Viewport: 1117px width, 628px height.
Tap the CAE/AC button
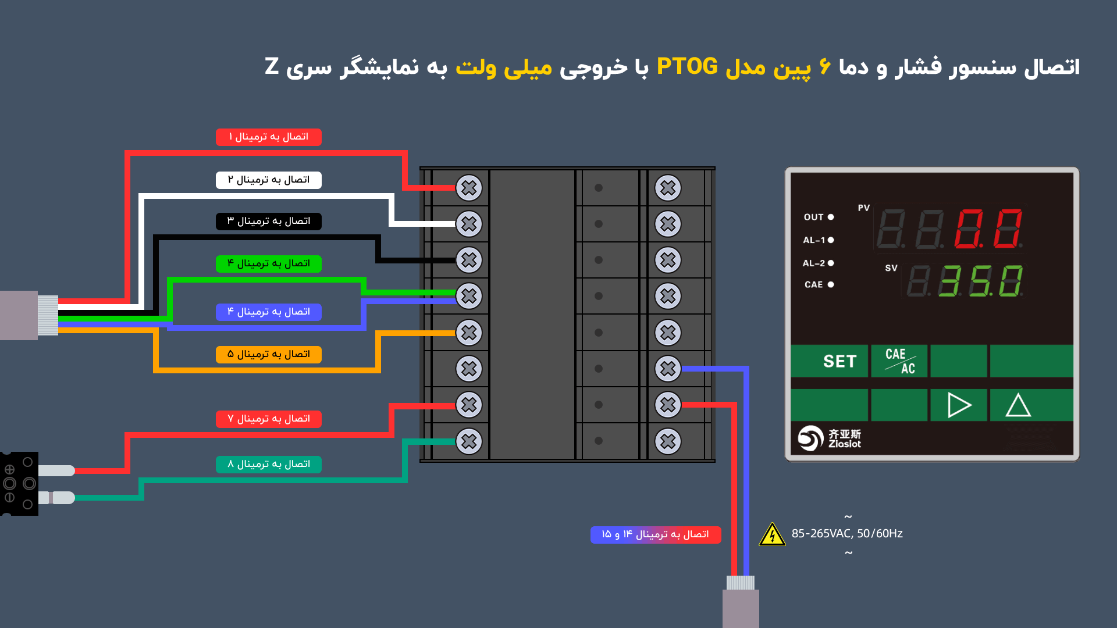click(x=899, y=361)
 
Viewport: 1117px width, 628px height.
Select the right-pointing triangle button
click(x=959, y=405)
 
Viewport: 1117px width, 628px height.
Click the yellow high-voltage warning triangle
click(x=772, y=534)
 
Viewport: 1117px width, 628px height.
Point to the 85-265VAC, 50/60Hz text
click(x=847, y=533)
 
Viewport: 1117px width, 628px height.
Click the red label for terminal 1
click(x=269, y=137)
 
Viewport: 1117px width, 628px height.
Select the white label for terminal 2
click(x=269, y=180)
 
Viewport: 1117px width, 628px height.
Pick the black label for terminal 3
click(x=269, y=222)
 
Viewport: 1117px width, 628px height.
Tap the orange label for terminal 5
click(x=269, y=354)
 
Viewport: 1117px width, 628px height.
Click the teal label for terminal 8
click(x=269, y=464)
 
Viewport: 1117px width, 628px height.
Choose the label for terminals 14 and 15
click(x=656, y=534)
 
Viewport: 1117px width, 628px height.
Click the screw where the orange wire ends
click(x=469, y=333)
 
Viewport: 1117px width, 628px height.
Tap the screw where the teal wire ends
click(x=469, y=441)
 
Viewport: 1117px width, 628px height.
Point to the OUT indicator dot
click(x=831, y=217)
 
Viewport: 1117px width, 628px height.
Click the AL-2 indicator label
click(x=814, y=263)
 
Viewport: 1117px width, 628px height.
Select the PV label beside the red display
click(x=864, y=208)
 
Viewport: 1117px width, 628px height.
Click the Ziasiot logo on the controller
click(x=829, y=438)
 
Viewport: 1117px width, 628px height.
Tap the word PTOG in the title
click(x=687, y=67)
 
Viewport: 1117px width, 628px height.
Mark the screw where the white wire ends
click(x=469, y=224)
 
